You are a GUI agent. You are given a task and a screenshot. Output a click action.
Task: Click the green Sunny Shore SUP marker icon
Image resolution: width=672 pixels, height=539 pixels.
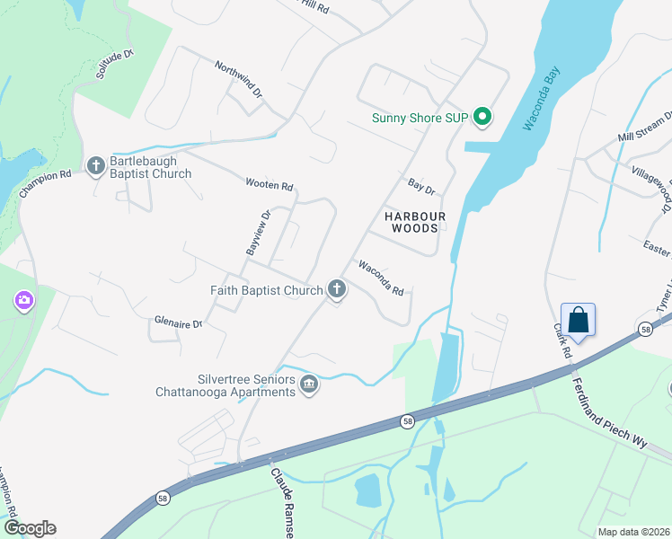coord(482,117)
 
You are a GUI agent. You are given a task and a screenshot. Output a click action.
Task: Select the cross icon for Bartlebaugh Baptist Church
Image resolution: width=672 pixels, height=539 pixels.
coord(96,164)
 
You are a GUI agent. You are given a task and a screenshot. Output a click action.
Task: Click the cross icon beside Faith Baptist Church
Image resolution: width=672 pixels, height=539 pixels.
coord(337,289)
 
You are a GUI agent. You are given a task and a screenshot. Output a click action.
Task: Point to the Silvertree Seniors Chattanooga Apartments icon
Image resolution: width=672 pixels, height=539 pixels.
coord(309,384)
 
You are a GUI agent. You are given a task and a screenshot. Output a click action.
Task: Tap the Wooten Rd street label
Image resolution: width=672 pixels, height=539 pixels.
coord(270,185)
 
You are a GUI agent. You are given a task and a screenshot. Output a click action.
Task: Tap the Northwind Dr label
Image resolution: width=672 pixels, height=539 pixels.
coord(238,79)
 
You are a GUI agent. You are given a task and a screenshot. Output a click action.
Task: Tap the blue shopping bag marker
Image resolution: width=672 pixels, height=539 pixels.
coord(579,320)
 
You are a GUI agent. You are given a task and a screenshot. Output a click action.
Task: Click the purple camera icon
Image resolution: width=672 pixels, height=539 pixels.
coord(22,301)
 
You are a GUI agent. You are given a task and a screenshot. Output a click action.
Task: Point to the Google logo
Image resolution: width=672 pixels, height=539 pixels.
coord(29,528)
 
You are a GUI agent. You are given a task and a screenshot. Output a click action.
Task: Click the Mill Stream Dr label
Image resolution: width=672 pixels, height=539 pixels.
coord(644,128)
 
